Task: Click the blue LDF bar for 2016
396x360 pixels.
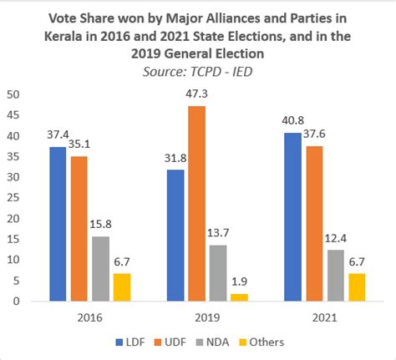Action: click(57, 224)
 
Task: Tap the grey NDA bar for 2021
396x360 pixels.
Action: click(335, 275)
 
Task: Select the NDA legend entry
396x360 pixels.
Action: click(216, 342)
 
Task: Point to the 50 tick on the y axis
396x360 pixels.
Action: click(13, 94)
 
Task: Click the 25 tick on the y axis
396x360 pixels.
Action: click(13, 197)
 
